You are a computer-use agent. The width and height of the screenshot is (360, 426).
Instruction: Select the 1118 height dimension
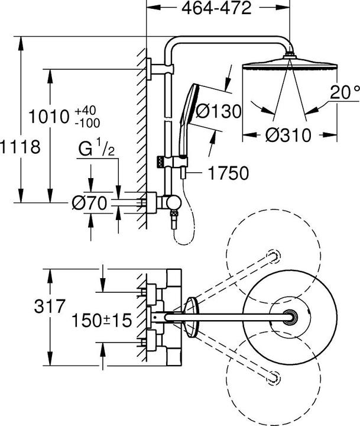coord(20,146)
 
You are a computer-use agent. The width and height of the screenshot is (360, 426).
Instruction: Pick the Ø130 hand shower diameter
coord(218,111)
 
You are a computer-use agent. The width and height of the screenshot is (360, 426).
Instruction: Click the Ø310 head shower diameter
coord(288,135)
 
